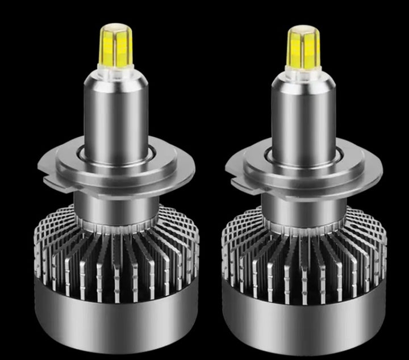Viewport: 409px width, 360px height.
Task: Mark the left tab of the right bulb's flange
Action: click(233, 167)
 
